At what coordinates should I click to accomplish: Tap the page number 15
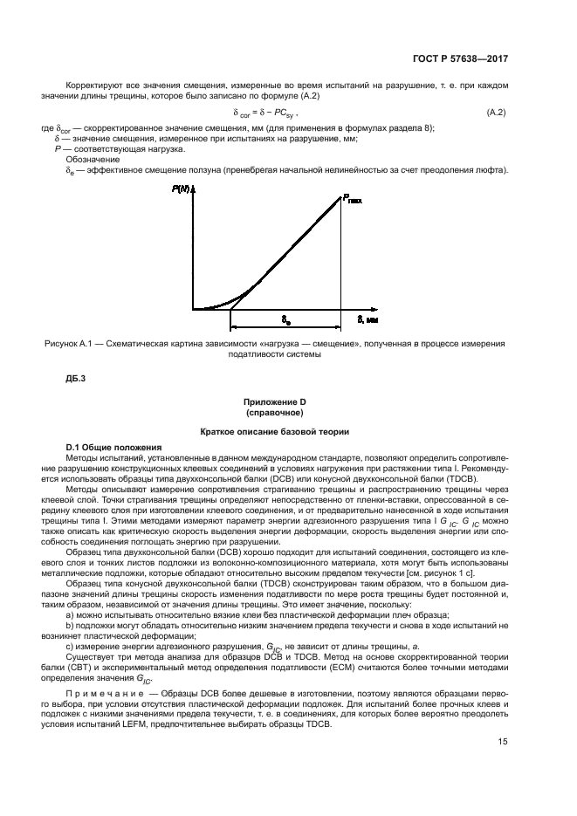503,767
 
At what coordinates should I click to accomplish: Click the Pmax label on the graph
351,198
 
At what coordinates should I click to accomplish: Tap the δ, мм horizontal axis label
367,320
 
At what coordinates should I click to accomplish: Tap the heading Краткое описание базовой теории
274,431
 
